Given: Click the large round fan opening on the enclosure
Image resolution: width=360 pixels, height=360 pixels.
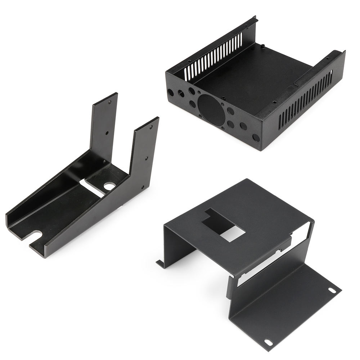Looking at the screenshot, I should (x=212, y=110).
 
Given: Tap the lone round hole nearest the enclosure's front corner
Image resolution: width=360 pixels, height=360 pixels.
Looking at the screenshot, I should (x=256, y=138).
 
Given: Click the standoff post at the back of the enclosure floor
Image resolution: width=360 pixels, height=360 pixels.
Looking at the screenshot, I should (x=263, y=46).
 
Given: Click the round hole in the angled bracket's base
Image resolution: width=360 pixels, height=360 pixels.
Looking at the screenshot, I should (x=109, y=186).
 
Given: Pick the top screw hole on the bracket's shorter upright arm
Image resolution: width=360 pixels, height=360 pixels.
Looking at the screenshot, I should (x=151, y=127).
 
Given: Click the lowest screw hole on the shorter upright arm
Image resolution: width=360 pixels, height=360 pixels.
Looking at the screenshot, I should (x=143, y=187).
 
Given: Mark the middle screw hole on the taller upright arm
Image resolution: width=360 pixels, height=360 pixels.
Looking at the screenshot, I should (x=107, y=133).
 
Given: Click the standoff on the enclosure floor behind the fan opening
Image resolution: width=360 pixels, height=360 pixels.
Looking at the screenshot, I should (x=224, y=98).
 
